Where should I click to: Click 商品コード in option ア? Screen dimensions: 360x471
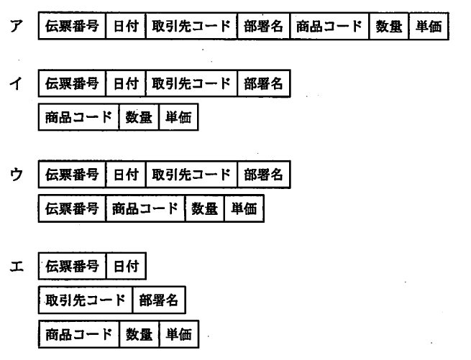[x=329, y=27]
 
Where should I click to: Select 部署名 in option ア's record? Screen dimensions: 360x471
[x=263, y=27]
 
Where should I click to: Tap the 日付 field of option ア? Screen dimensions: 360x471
[x=125, y=27]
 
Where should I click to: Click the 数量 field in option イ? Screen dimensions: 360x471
[x=139, y=117]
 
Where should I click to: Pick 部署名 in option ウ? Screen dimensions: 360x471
[x=263, y=175]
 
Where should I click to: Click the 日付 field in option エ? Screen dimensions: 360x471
[x=125, y=267]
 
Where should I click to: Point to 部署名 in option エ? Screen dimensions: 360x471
[x=158, y=300]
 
